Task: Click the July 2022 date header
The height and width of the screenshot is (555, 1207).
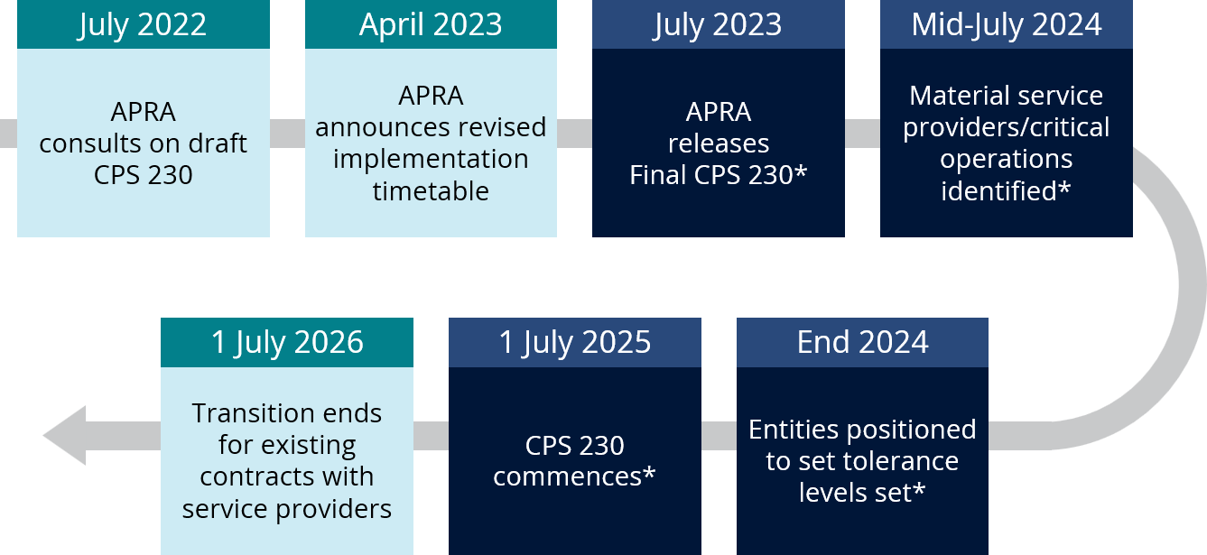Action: tap(144, 24)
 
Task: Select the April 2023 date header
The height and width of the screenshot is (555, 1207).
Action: tap(432, 24)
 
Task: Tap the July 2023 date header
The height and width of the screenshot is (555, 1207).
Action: tap(719, 24)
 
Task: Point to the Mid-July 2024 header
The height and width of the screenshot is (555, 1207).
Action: tap(1007, 24)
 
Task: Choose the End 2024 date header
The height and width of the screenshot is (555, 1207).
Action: tap(862, 342)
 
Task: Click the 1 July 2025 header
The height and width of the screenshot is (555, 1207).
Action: tap(575, 342)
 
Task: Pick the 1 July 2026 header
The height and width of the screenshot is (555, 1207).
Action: tap(287, 342)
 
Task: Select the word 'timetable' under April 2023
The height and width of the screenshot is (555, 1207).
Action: tap(432, 190)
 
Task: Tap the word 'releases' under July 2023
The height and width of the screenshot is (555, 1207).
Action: tap(719, 143)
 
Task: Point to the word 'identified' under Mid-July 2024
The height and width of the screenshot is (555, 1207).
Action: tap(999, 190)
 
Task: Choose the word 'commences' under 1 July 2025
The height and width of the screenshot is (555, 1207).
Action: tap(568, 476)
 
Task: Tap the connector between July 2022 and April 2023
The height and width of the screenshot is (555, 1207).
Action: tap(288, 133)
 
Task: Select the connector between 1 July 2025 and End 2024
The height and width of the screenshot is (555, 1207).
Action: tap(719, 435)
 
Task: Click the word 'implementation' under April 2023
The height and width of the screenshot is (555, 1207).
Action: tap(432, 160)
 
